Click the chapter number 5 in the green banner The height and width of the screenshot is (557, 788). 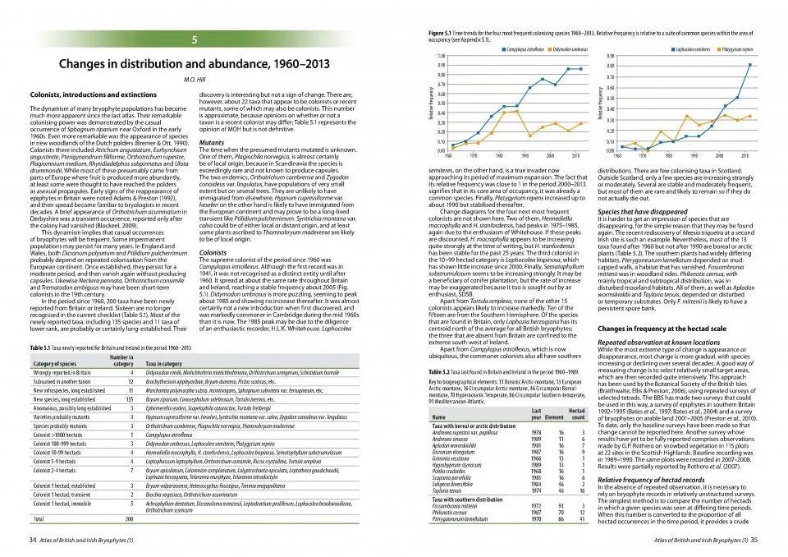coord(194,40)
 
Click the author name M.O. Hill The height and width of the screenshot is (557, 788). coord(193,81)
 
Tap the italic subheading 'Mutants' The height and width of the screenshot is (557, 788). coord(212,142)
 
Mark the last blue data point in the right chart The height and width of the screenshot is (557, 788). coord(748,64)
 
